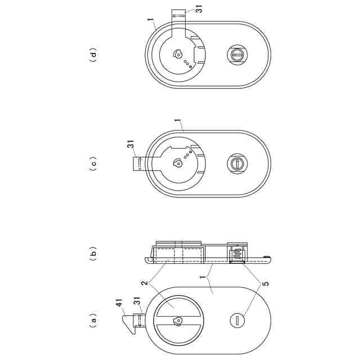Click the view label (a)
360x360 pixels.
(93, 320)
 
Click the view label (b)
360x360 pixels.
(93, 253)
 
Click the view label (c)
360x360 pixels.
(93, 164)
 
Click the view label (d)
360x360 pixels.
(93, 55)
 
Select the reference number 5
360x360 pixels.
(265, 283)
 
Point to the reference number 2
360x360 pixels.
(145, 282)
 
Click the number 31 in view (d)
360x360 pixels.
(199, 9)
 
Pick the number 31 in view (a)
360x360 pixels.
(137, 303)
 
